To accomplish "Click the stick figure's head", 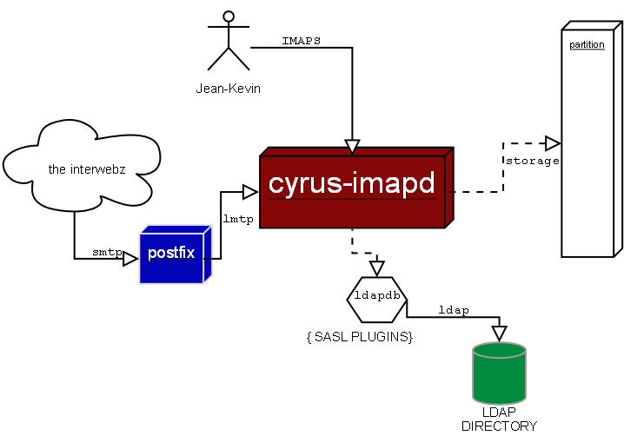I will tap(229, 16).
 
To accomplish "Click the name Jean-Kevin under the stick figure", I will tap(228, 89).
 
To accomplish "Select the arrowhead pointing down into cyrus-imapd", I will tap(352, 144).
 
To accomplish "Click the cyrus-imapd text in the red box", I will tap(351, 184).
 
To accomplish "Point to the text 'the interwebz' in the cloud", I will tap(87, 169).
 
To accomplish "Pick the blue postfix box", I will tap(175, 254).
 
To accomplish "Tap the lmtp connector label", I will tap(238, 219).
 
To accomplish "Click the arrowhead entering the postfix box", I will tap(130, 259).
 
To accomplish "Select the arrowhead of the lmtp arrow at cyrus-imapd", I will tap(250, 190).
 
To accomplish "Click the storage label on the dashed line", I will tap(532, 161).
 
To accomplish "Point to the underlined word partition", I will tap(587, 44).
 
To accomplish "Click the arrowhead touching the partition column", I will tap(552, 142).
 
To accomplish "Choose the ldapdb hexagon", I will tap(376, 297).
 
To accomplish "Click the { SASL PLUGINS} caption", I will tap(359, 336).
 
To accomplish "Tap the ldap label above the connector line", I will tap(453, 309).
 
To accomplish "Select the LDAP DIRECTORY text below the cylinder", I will tap(499, 419).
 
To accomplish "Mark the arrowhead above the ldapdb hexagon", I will tap(376, 268).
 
